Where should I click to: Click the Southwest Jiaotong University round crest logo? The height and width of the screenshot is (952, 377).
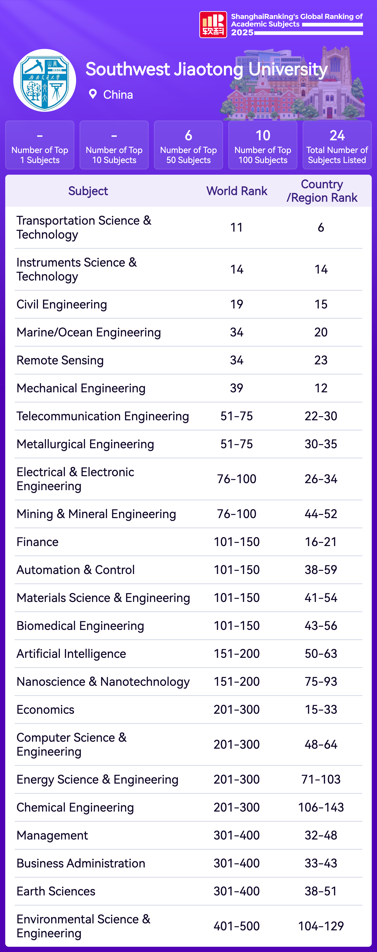point(45,80)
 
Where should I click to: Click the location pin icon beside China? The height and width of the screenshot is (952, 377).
point(93,94)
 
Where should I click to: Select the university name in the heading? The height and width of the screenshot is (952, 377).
point(206,69)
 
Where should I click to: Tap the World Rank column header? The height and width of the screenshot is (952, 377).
point(237,191)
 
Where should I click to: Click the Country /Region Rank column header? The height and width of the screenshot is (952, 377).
point(322,191)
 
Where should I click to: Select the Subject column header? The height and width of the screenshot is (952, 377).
point(88,191)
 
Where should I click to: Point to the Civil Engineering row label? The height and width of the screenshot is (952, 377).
point(62,304)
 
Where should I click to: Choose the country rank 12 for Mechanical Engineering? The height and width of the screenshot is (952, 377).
point(321,388)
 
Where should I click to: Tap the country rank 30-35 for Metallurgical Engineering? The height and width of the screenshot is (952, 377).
point(321,444)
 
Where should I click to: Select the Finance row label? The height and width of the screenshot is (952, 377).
point(37,542)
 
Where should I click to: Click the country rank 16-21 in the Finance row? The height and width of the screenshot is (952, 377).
point(321,542)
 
